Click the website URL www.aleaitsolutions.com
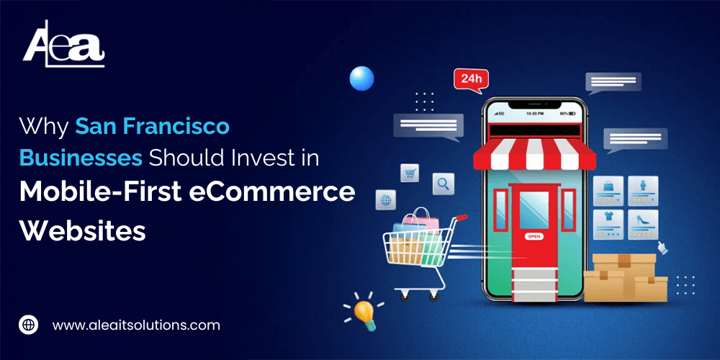coord(136,325)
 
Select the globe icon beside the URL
coord(28,325)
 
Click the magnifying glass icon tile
coord(443,184)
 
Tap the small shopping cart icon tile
coord(410,173)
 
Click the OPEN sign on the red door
coord(534,235)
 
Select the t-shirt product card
coord(609,223)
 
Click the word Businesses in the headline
coord(80,159)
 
